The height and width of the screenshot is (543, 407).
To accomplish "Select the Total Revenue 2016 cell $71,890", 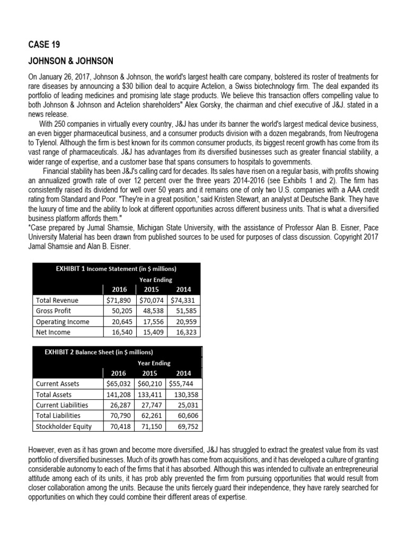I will click(x=118, y=300).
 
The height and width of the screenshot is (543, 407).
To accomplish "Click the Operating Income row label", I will click(x=62, y=322).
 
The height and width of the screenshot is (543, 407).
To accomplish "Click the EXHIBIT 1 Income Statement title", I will click(x=116, y=269).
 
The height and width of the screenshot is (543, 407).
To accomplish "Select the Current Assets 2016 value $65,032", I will click(x=118, y=383).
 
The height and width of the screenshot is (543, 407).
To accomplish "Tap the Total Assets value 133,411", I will click(x=151, y=395).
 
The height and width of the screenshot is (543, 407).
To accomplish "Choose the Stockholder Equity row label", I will click(x=63, y=426).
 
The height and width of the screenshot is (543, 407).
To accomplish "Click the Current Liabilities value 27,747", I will click(x=152, y=405).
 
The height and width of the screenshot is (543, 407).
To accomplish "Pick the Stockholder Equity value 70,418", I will click(x=119, y=426).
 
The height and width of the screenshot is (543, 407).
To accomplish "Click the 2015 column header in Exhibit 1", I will click(x=151, y=290).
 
